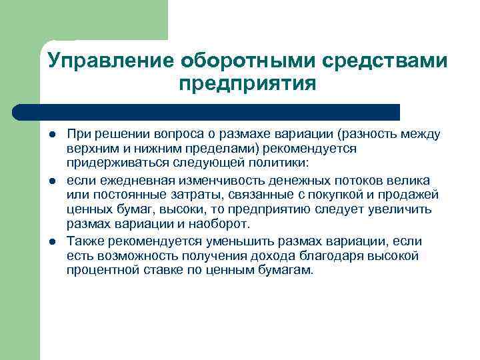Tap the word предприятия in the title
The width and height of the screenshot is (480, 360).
247,85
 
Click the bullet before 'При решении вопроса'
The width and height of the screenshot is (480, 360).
52,135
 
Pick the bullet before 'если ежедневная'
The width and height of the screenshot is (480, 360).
52,181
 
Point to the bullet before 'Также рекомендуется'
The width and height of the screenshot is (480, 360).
52,241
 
